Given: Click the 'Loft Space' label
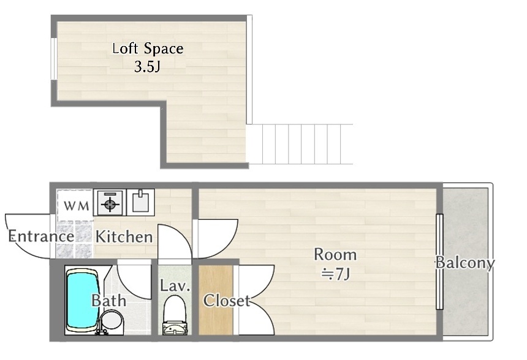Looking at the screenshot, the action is click(148, 49).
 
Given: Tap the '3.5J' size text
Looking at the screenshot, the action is click(147, 67).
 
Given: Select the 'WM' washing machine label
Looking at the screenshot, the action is click(77, 205).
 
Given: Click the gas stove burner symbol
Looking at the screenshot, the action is click(110, 203).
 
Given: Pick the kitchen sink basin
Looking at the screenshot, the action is click(140, 202).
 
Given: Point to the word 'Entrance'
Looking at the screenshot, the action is click(41, 236).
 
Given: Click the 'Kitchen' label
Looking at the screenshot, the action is click(124, 237).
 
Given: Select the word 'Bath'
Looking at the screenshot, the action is click(109, 301).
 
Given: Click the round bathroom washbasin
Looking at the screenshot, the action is click(112, 320).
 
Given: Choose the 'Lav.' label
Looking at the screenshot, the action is click(175, 286).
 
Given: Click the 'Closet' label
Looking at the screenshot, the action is click(227, 301).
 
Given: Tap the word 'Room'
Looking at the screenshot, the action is click(335, 255).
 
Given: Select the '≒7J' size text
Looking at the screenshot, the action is click(335, 274).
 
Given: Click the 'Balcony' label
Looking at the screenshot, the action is click(465, 262).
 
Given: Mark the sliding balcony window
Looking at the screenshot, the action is click(439, 261).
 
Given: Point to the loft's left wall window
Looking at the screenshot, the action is click(53, 59).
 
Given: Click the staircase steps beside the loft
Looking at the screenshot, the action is click(300, 144).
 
